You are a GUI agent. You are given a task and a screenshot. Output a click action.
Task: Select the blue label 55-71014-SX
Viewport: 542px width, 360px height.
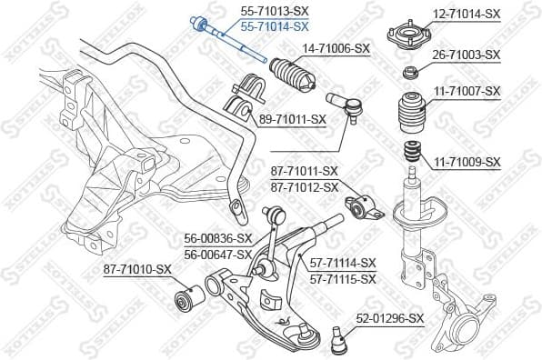[x=274, y=27]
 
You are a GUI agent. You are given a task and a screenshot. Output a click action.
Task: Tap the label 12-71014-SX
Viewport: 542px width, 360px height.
[x=466, y=14]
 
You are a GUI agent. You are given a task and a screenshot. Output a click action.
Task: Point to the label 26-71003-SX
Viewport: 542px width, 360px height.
[x=466, y=55]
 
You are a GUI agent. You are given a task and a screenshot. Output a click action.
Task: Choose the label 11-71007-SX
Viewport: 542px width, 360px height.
[x=466, y=91]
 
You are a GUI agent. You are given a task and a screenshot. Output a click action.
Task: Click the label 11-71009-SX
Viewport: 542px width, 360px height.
[x=466, y=162]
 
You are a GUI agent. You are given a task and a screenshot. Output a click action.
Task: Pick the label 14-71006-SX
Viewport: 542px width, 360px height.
[x=336, y=47]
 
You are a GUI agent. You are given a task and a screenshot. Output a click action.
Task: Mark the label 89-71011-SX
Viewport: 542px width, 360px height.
[x=292, y=119]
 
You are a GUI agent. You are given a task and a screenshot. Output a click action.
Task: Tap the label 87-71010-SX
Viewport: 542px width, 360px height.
[x=137, y=269]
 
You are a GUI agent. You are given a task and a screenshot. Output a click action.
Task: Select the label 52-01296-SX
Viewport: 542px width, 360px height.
[x=390, y=318]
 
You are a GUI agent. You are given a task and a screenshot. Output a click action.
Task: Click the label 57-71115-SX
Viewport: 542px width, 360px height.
[x=342, y=279]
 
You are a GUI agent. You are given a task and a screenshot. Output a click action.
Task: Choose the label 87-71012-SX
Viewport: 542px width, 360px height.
[x=304, y=187]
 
